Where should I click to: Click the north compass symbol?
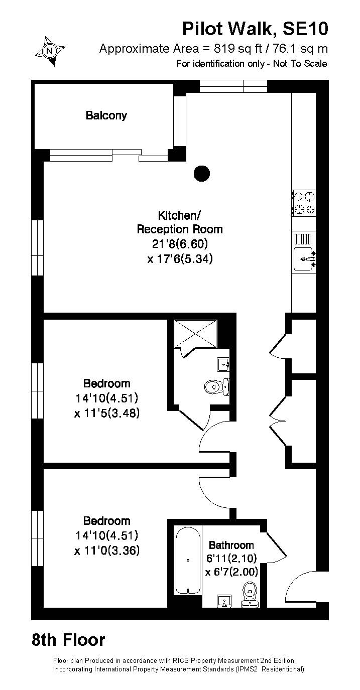click(50, 51)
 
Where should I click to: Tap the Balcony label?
click(106, 115)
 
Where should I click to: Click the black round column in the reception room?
click(201, 174)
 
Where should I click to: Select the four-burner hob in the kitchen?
click(304, 203)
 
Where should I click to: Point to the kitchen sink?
click(304, 259)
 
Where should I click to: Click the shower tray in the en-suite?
click(195, 334)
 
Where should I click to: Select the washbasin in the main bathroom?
click(225, 601)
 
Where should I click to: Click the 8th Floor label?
click(68, 640)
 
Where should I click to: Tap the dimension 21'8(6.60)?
click(180, 244)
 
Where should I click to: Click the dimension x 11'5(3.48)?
click(107, 413)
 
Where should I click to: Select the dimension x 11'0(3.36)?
click(107, 550)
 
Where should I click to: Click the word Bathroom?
click(231, 545)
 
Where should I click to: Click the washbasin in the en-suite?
click(223, 365)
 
